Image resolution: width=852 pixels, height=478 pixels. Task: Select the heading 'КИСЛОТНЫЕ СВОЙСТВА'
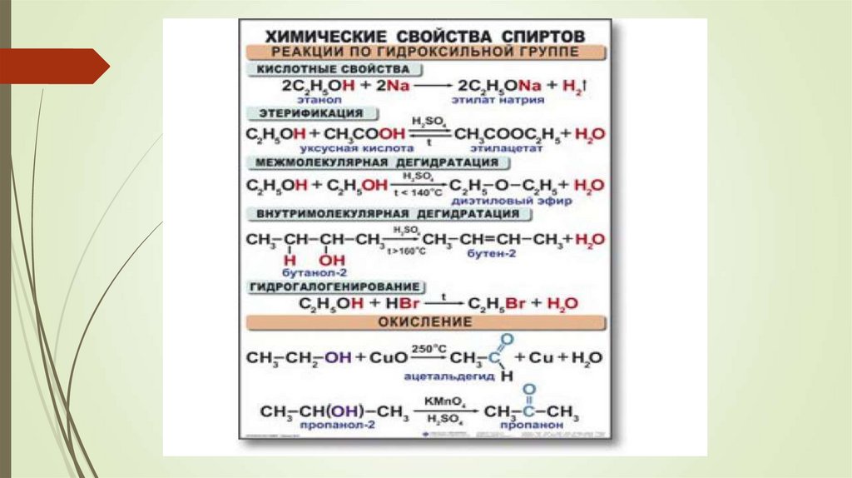coord(334,68)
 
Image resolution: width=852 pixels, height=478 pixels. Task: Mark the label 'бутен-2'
coord(486,253)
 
